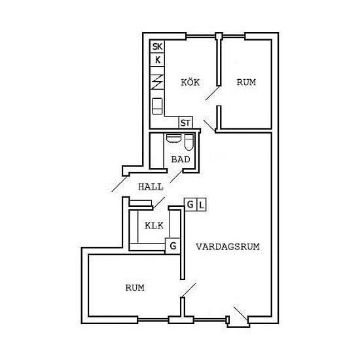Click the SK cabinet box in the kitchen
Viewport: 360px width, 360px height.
157,46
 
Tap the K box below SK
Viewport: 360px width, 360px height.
157,60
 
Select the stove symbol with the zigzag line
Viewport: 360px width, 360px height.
157,82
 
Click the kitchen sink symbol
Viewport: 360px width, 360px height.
157,106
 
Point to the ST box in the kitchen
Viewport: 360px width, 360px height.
185,122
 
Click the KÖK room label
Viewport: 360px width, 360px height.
190,82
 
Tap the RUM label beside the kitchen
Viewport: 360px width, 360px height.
246,82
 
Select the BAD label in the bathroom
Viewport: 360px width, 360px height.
181,159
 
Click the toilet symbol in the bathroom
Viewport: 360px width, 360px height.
189,142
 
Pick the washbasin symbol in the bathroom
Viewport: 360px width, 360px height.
173,138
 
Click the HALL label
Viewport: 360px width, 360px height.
151,187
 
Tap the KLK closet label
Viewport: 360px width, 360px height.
154,226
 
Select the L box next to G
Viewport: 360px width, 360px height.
202,205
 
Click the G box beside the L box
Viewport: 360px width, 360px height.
190,204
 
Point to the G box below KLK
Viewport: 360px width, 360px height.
172,246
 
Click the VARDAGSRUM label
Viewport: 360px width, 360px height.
228,247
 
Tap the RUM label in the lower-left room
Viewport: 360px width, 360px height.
135,288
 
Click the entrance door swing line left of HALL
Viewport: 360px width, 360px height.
119,184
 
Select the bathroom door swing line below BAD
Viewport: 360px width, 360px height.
176,177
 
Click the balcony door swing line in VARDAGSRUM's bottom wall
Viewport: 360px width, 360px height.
241,313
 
